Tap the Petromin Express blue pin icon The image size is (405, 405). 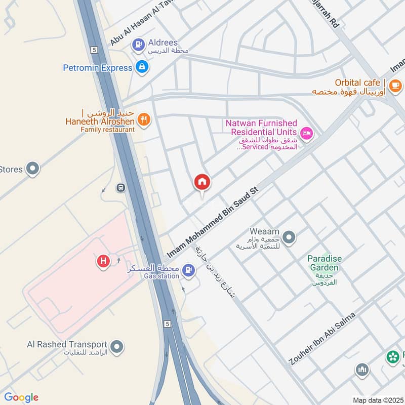click(x=142, y=67)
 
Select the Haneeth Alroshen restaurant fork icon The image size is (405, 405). click(x=144, y=119)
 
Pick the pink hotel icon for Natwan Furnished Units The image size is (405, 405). click(x=307, y=134)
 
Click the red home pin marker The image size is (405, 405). click(x=202, y=182)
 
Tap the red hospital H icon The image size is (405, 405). click(x=103, y=261)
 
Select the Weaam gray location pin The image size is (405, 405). click(x=289, y=237)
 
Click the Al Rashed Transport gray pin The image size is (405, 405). click(x=117, y=347)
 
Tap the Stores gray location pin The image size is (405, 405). click(x=33, y=169)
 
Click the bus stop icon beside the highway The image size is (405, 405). click(x=121, y=188)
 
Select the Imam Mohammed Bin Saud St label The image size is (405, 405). click(x=213, y=223)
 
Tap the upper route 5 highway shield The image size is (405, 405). click(x=94, y=50)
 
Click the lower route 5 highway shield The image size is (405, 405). click(x=167, y=323)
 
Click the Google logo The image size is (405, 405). click(x=21, y=397)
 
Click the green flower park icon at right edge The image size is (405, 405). click(x=393, y=357)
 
